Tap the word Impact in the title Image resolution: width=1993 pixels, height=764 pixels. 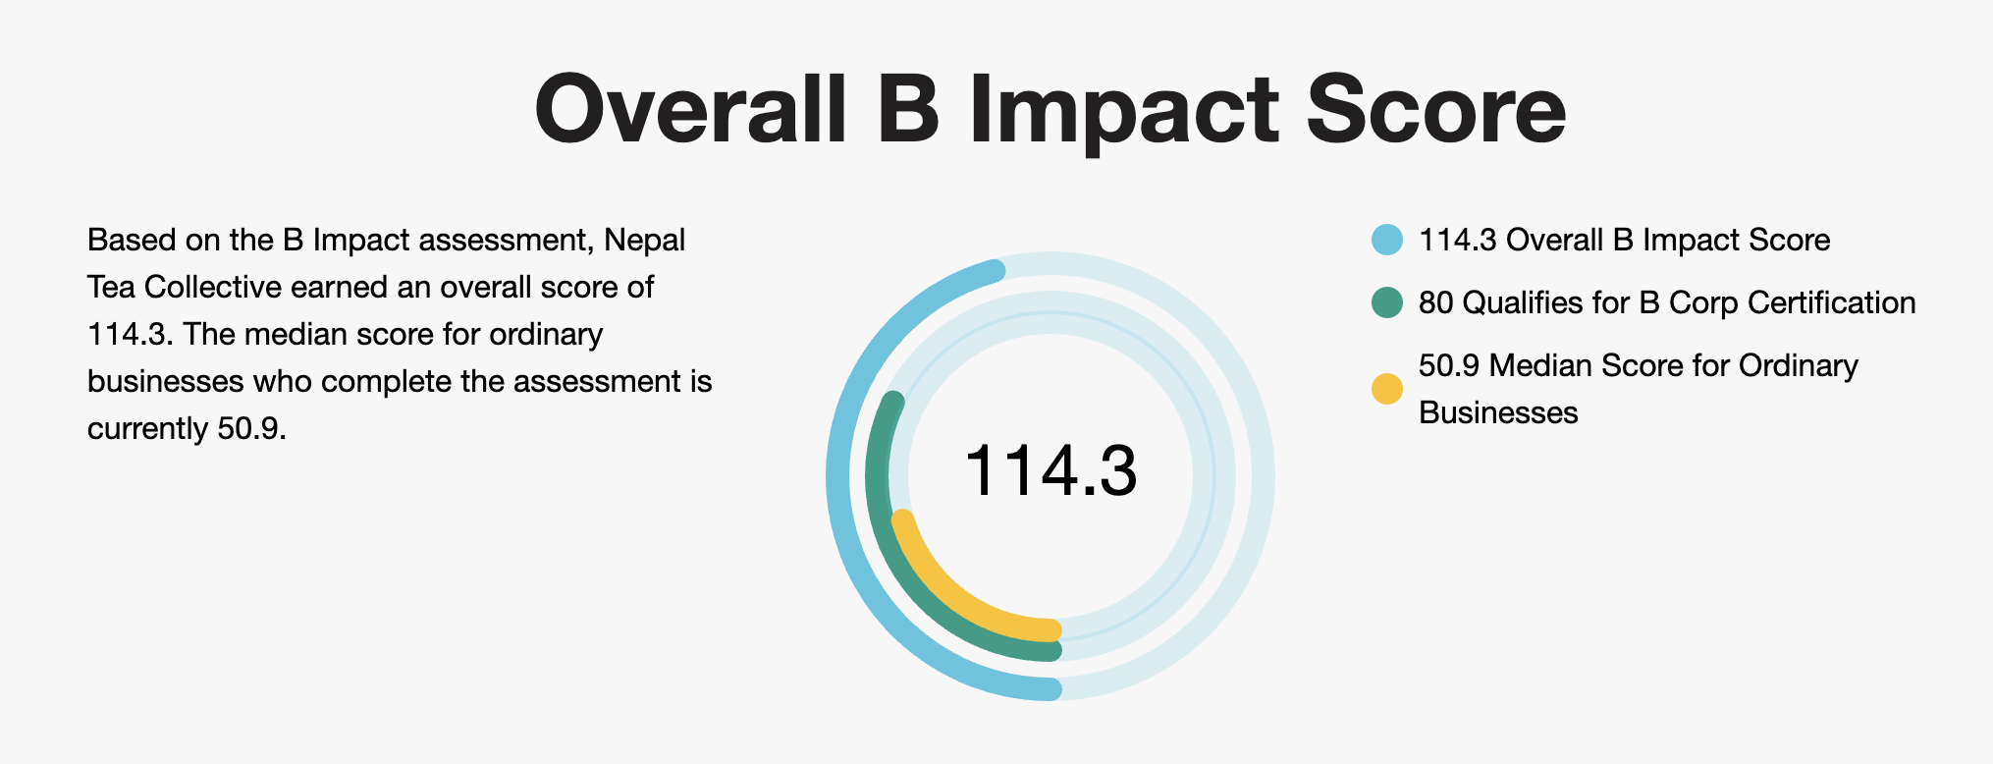tap(1123, 109)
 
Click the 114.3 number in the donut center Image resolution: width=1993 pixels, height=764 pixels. tap(1050, 471)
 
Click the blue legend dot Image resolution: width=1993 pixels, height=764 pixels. tap(1387, 241)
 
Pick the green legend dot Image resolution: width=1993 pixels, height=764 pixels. tap(1387, 302)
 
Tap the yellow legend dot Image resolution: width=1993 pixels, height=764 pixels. tap(1387, 389)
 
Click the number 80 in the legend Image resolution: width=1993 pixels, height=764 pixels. tap(1435, 302)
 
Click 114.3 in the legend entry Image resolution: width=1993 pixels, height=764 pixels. tap(1458, 241)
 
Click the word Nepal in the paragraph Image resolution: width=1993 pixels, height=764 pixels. tap(645, 240)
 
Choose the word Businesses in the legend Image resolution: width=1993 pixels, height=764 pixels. tap(1498, 412)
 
